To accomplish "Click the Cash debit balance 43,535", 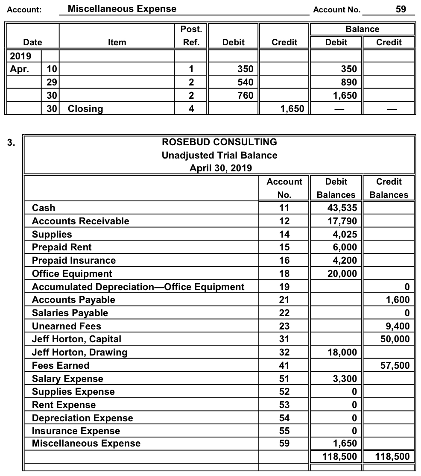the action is tap(344, 208).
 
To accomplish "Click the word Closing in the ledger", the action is tap(85, 109).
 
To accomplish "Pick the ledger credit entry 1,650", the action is tap(292, 109).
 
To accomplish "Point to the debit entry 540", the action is tap(245, 82).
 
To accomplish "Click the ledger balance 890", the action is tap(348, 82).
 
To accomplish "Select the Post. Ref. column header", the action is tap(191, 36).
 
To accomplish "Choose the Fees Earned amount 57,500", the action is tap(395, 366).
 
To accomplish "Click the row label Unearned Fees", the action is tap(67, 326).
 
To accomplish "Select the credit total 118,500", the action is tap(392, 456).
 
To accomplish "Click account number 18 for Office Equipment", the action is tap(284, 274).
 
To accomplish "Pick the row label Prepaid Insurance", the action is tap(73, 261).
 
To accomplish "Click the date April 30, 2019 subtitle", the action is tap(220, 168).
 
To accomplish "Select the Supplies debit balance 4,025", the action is tap(347, 235).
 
